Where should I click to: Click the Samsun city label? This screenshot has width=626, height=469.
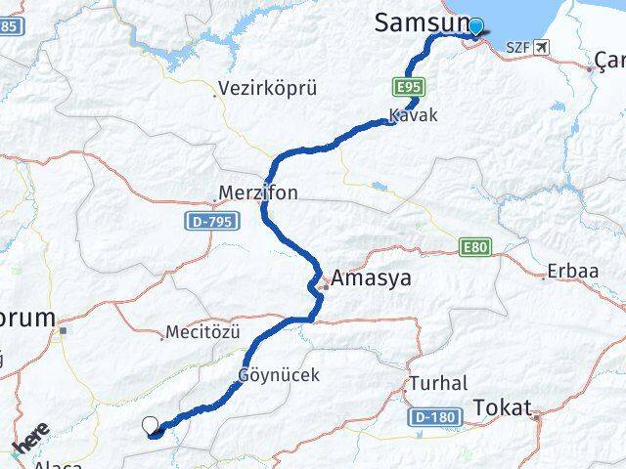point(418,24)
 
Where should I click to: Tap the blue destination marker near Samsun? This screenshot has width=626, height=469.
point(476,26)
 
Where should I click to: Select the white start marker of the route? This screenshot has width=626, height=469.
point(150,424)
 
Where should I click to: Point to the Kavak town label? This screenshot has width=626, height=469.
point(412,115)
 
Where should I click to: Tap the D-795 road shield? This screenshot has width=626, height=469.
point(208,223)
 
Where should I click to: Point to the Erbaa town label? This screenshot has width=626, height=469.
point(571,270)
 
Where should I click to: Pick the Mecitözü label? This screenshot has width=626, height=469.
point(202,332)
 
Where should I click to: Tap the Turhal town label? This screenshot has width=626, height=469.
point(438,383)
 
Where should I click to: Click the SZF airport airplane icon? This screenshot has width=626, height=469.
point(543,46)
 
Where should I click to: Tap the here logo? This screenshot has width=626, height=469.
point(29,436)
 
